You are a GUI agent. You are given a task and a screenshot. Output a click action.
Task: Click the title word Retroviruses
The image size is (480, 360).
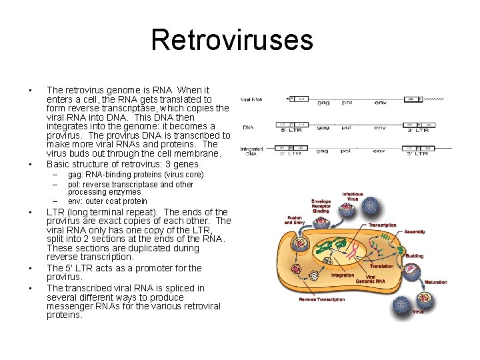click(231, 40)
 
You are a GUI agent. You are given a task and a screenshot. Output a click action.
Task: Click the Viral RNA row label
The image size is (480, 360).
click(251, 99)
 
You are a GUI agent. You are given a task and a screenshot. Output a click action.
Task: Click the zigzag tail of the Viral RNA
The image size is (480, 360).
click(434, 98)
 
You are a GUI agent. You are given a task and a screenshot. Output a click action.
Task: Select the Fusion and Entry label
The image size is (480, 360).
click(295, 219)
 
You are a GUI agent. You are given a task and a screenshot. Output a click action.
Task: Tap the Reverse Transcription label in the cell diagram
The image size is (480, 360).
click(322, 299)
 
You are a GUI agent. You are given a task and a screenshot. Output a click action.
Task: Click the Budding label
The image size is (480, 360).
click(414, 255)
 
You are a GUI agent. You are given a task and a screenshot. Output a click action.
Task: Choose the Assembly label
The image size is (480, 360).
click(414, 231)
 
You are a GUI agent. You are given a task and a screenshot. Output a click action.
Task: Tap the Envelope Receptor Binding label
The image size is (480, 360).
click(321, 205)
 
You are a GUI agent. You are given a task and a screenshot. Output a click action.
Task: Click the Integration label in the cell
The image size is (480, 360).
click(343, 275)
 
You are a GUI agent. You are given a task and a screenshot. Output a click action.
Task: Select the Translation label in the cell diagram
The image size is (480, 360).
click(381, 266)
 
